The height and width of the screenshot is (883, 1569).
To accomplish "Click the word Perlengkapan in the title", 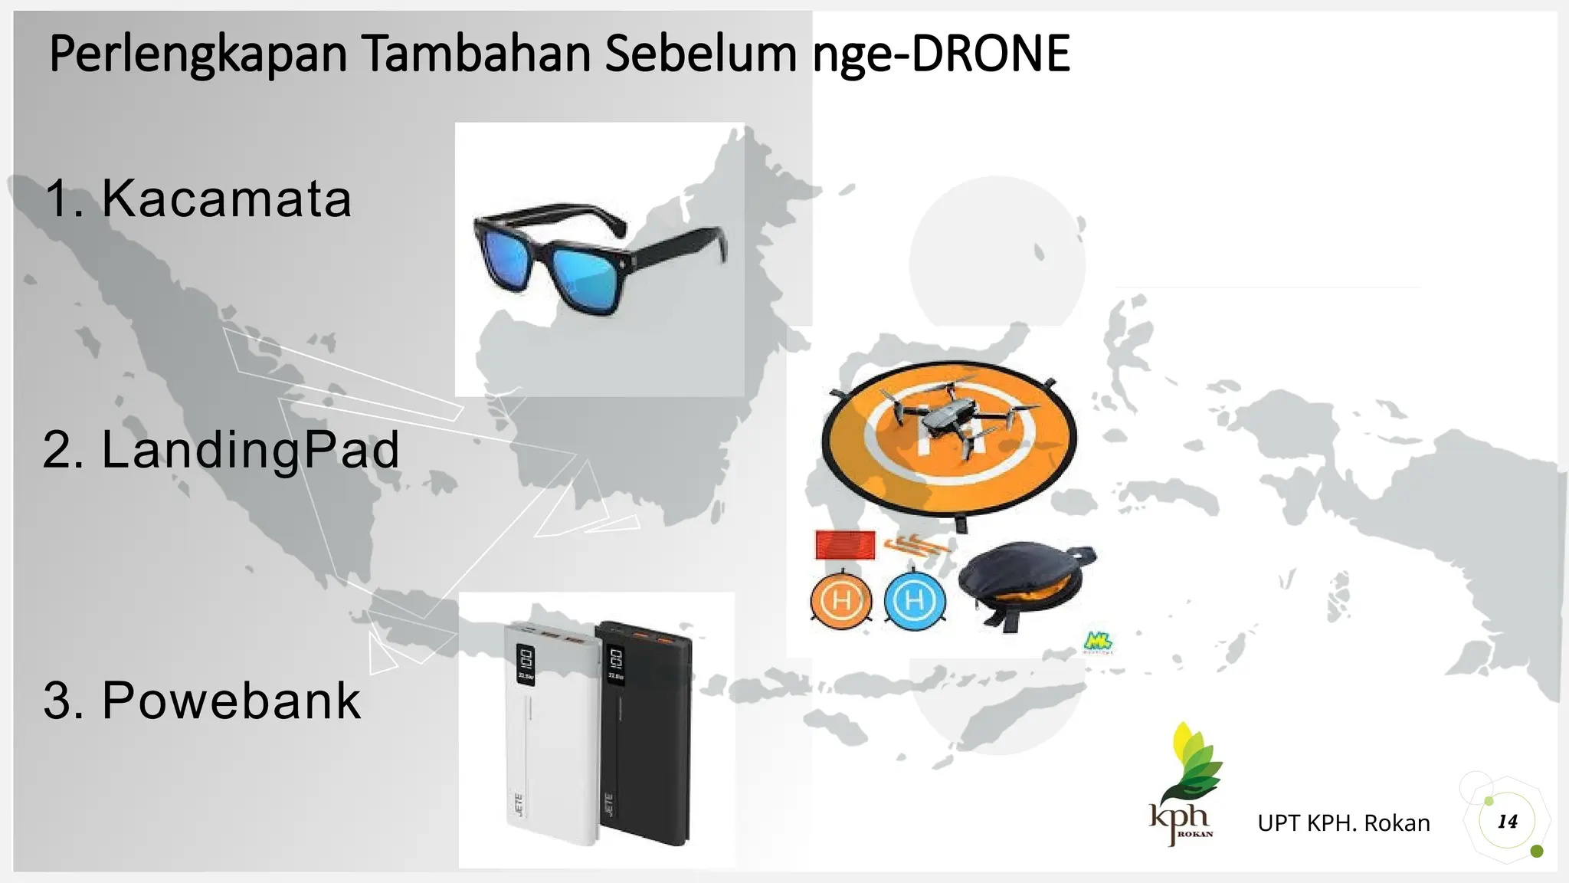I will pyautogui.click(x=198, y=55).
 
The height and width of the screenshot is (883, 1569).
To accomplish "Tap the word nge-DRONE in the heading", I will pyautogui.click(x=941, y=55).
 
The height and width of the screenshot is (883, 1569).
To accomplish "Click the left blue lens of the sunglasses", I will pyautogui.click(x=506, y=260).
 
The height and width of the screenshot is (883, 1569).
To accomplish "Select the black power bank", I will pyautogui.click(x=644, y=736).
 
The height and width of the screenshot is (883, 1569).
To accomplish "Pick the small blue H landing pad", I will pyautogui.click(x=914, y=600).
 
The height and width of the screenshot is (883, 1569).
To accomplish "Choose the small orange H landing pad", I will pyautogui.click(x=840, y=600).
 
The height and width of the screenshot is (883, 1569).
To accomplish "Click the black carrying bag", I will pyautogui.click(x=1023, y=583).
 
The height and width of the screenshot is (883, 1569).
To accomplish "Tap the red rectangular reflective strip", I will pyautogui.click(x=844, y=545).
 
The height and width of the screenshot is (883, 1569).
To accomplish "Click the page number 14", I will pyautogui.click(x=1507, y=822).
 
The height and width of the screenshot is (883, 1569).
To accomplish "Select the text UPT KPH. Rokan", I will pyautogui.click(x=1343, y=823).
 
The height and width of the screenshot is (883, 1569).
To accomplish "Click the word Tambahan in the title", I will pyautogui.click(x=476, y=55).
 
